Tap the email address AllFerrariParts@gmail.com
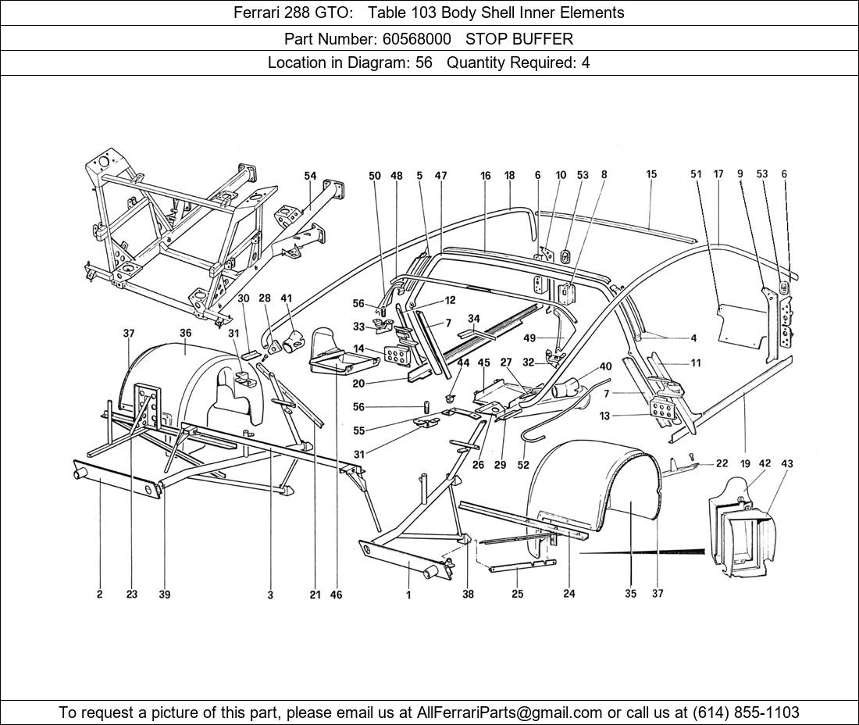tap(510, 712)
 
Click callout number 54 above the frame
tap(311, 177)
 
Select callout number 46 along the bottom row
tap(336, 595)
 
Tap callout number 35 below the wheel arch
tap(630, 594)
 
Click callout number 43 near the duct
tap(786, 463)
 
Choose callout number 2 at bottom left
tap(100, 595)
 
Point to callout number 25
tap(517, 595)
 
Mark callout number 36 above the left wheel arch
tap(185, 334)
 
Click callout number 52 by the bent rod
tap(523, 465)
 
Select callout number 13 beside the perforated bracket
tap(605, 416)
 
